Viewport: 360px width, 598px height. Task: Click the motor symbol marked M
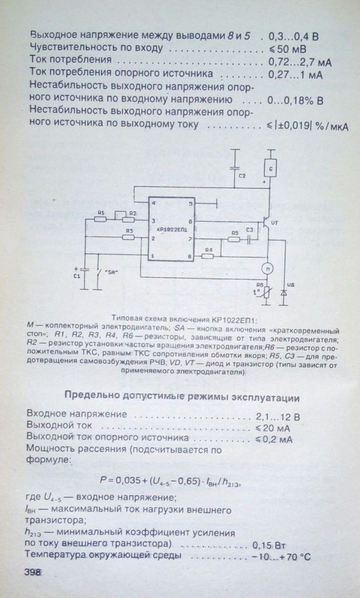(x=267, y=269)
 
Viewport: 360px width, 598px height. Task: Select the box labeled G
(x=270, y=167)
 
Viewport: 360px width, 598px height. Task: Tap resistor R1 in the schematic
(x=101, y=219)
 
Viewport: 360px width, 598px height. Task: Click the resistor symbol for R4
(x=207, y=256)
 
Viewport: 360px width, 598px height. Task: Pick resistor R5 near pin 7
(x=234, y=239)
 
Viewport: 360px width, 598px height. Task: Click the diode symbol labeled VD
(x=283, y=293)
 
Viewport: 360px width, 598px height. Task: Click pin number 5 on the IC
(x=190, y=204)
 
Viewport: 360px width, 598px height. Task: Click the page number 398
(x=33, y=572)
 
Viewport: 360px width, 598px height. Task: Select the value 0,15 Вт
(x=269, y=544)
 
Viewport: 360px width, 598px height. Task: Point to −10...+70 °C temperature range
(x=281, y=557)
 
